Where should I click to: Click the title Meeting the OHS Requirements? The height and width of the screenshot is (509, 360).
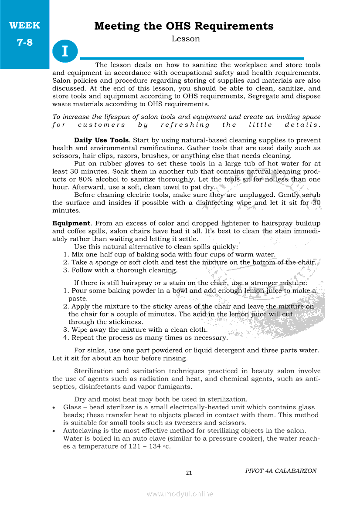click(183, 26)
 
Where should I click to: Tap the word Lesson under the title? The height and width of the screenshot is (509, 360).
click(186, 39)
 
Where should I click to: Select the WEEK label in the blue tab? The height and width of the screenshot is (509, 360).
click(24, 25)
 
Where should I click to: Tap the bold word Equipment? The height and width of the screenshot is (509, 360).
click(71, 223)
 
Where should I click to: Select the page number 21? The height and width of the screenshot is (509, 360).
click(189, 472)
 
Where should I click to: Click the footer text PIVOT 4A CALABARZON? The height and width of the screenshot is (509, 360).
click(281, 471)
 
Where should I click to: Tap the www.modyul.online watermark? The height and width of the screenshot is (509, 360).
click(180, 494)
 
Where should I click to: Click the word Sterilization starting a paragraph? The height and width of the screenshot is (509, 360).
click(93, 371)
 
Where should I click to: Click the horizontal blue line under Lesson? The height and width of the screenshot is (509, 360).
click(192, 58)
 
